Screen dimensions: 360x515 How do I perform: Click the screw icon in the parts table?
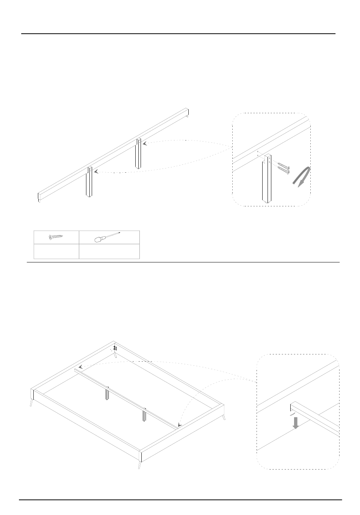[x=56, y=237]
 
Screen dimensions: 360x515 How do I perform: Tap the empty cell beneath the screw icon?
[x=56, y=251]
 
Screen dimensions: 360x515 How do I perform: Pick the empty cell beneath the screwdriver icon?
[x=109, y=251]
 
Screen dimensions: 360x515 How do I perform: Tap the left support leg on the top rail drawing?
[x=90, y=184]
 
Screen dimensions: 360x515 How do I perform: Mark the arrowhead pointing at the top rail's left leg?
[x=96, y=172]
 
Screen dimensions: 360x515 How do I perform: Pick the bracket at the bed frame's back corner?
[x=115, y=348]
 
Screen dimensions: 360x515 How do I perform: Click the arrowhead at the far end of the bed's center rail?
[x=81, y=367]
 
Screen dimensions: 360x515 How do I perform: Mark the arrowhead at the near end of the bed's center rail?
[x=180, y=426]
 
